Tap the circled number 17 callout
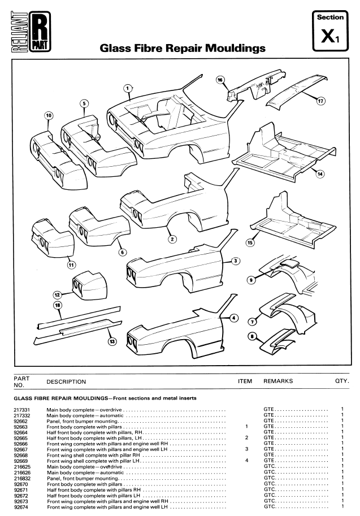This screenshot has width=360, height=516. [x=320, y=102]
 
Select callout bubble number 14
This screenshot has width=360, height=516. [x=320, y=174]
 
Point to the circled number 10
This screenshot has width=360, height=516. [x=49, y=115]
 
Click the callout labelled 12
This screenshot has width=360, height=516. [x=57, y=294]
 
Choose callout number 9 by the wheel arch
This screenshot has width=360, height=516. [x=251, y=279]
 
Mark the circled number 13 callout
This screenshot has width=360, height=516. [x=111, y=341]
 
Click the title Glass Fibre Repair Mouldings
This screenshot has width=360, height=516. [x=182, y=49]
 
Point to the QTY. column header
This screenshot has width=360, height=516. [x=342, y=381]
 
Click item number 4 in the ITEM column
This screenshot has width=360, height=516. [x=248, y=461]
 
